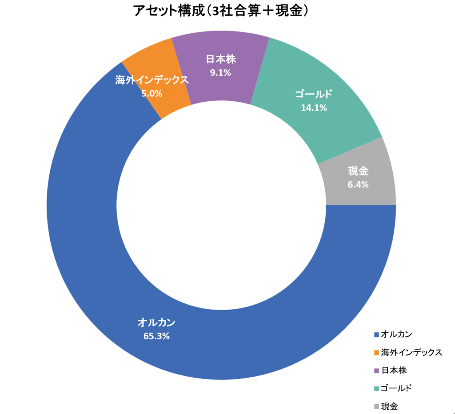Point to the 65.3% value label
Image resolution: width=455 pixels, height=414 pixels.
tap(156, 336)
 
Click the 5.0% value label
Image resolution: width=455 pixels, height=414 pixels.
tap(152, 93)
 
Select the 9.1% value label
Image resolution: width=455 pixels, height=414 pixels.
tap(220, 72)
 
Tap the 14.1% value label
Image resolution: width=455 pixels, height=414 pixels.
tap(314, 107)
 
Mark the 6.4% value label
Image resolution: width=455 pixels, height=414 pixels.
tap(358, 185)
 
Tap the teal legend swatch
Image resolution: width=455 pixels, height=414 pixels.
tap(377, 388)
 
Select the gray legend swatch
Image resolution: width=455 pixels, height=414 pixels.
tap(377, 406)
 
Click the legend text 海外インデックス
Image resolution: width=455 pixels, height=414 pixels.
tap(412, 352)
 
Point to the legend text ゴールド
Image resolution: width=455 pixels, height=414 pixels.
tap(397, 388)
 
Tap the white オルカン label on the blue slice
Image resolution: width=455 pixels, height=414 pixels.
tap(156, 322)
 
